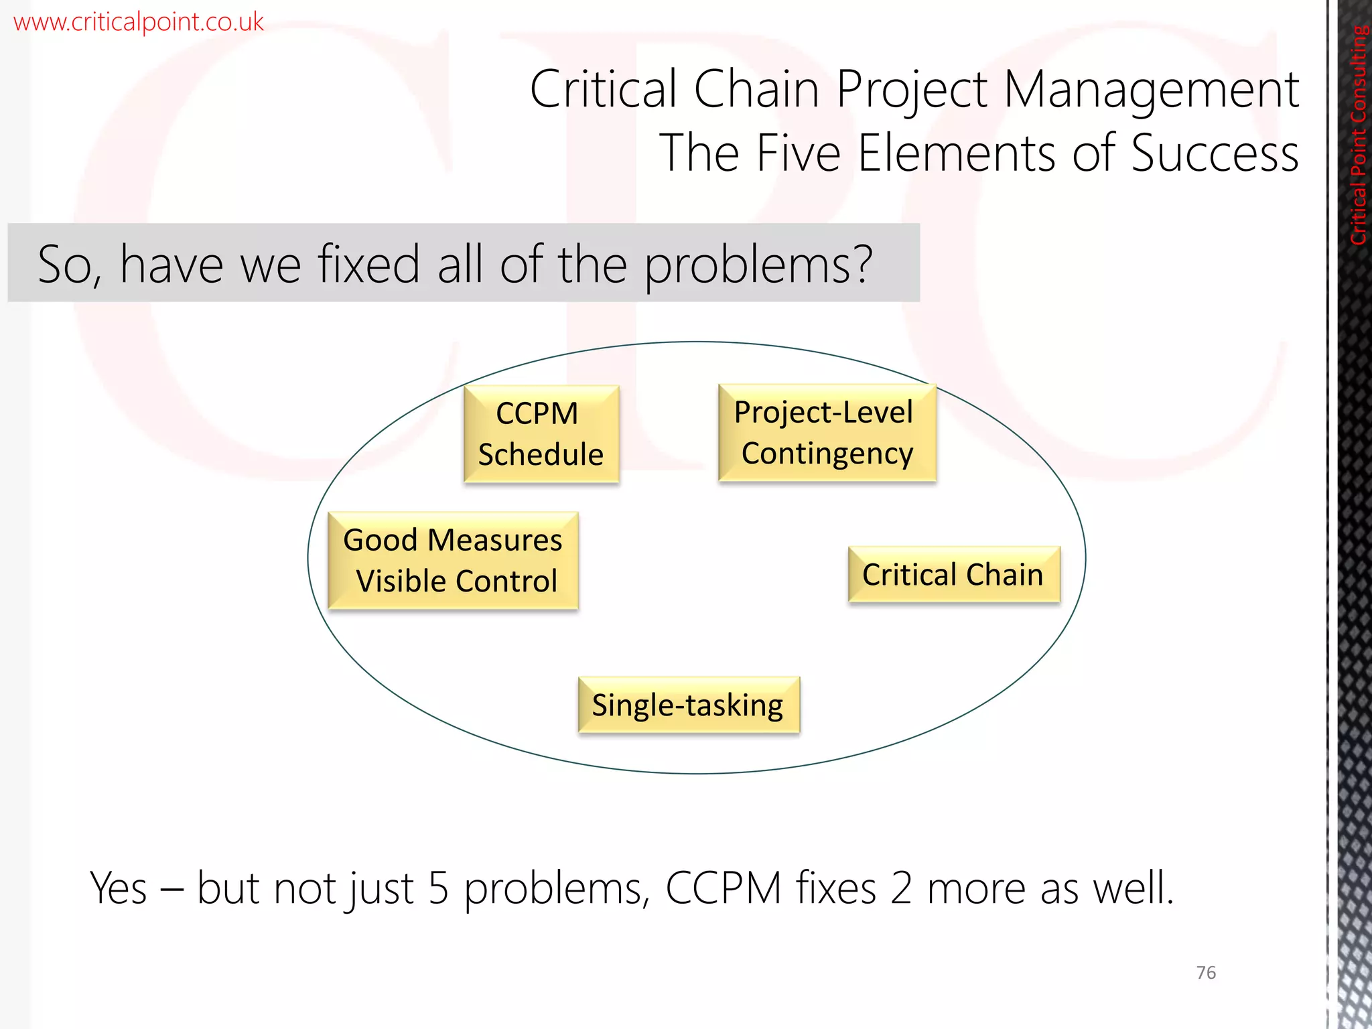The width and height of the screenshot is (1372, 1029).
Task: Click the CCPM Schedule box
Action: pyautogui.click(x=541, y=433)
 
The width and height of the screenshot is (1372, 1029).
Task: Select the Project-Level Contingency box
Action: pyautogui.click(x=827, y=432)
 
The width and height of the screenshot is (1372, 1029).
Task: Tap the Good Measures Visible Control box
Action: pyautogui.click(x=453, y=560)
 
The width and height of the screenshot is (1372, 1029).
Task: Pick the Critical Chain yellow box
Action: pyautogui.click(x=953, y=575)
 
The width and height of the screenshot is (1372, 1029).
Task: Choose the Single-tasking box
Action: pyautogui.click(x=688, y=705)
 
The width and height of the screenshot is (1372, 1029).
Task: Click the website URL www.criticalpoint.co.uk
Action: pyautogui.click(x=138, y=22)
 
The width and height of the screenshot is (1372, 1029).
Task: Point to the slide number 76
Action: pyautogui.click(x=1206, y=972)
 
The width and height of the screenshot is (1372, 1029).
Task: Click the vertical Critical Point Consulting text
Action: pyautogui.click(x=1359, y=134)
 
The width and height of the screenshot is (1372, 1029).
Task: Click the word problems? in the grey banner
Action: pyautogui.click(x=758, y=265)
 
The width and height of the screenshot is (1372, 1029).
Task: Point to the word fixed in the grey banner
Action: pyautogui.click(x=368, y=264)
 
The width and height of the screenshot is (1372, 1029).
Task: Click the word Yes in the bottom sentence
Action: pyautogui.click(x=119, y=888)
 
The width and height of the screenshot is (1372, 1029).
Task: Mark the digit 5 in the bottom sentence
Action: pyautogui.click(x=437, y=888)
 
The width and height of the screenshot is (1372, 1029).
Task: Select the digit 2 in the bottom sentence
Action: pyautogui.click(x=901, y=888)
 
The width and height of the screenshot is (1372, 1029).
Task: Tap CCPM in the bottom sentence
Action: pyautogui.click(x=724, y=888)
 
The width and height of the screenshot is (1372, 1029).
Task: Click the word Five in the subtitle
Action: pyautogui.click(x=798, y=153)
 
